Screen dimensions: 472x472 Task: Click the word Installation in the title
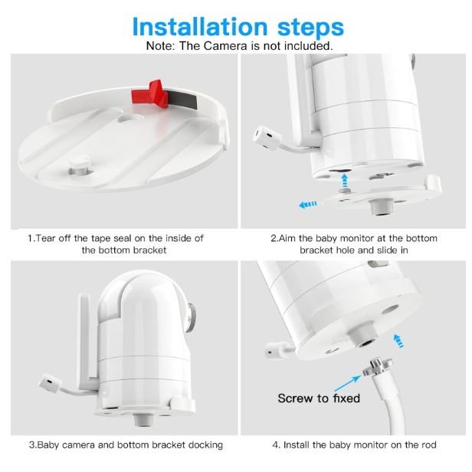point(199,27)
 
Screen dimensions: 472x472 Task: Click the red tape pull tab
point(150,94)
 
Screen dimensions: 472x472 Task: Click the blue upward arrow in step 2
point(345,180)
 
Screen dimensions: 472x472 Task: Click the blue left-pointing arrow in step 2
point(308,205)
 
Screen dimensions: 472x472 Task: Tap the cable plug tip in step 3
point(50,383)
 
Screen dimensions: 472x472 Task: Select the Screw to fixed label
point(319,398)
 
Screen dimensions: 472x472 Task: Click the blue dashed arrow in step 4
point(399,341)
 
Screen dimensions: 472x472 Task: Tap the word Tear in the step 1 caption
point(46,238)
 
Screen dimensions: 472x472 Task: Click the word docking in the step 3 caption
point(205,445)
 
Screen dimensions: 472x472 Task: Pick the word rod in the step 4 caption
point(428,445)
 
